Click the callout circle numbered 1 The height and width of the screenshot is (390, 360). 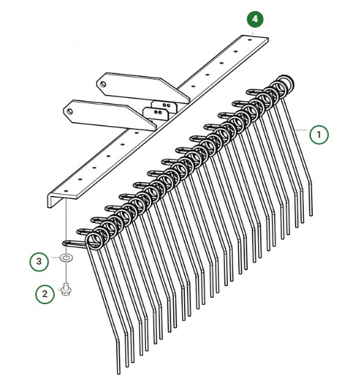pos(318,134)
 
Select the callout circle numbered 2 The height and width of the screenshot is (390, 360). pos(45,294)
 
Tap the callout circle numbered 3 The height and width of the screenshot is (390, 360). pos(39,261)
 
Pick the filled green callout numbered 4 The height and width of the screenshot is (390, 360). pos(256,19)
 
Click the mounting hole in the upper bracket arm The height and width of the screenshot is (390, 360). pos(104,83)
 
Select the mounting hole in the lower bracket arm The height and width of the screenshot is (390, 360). pos(70,109)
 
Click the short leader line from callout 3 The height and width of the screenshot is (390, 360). pos(55,260)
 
